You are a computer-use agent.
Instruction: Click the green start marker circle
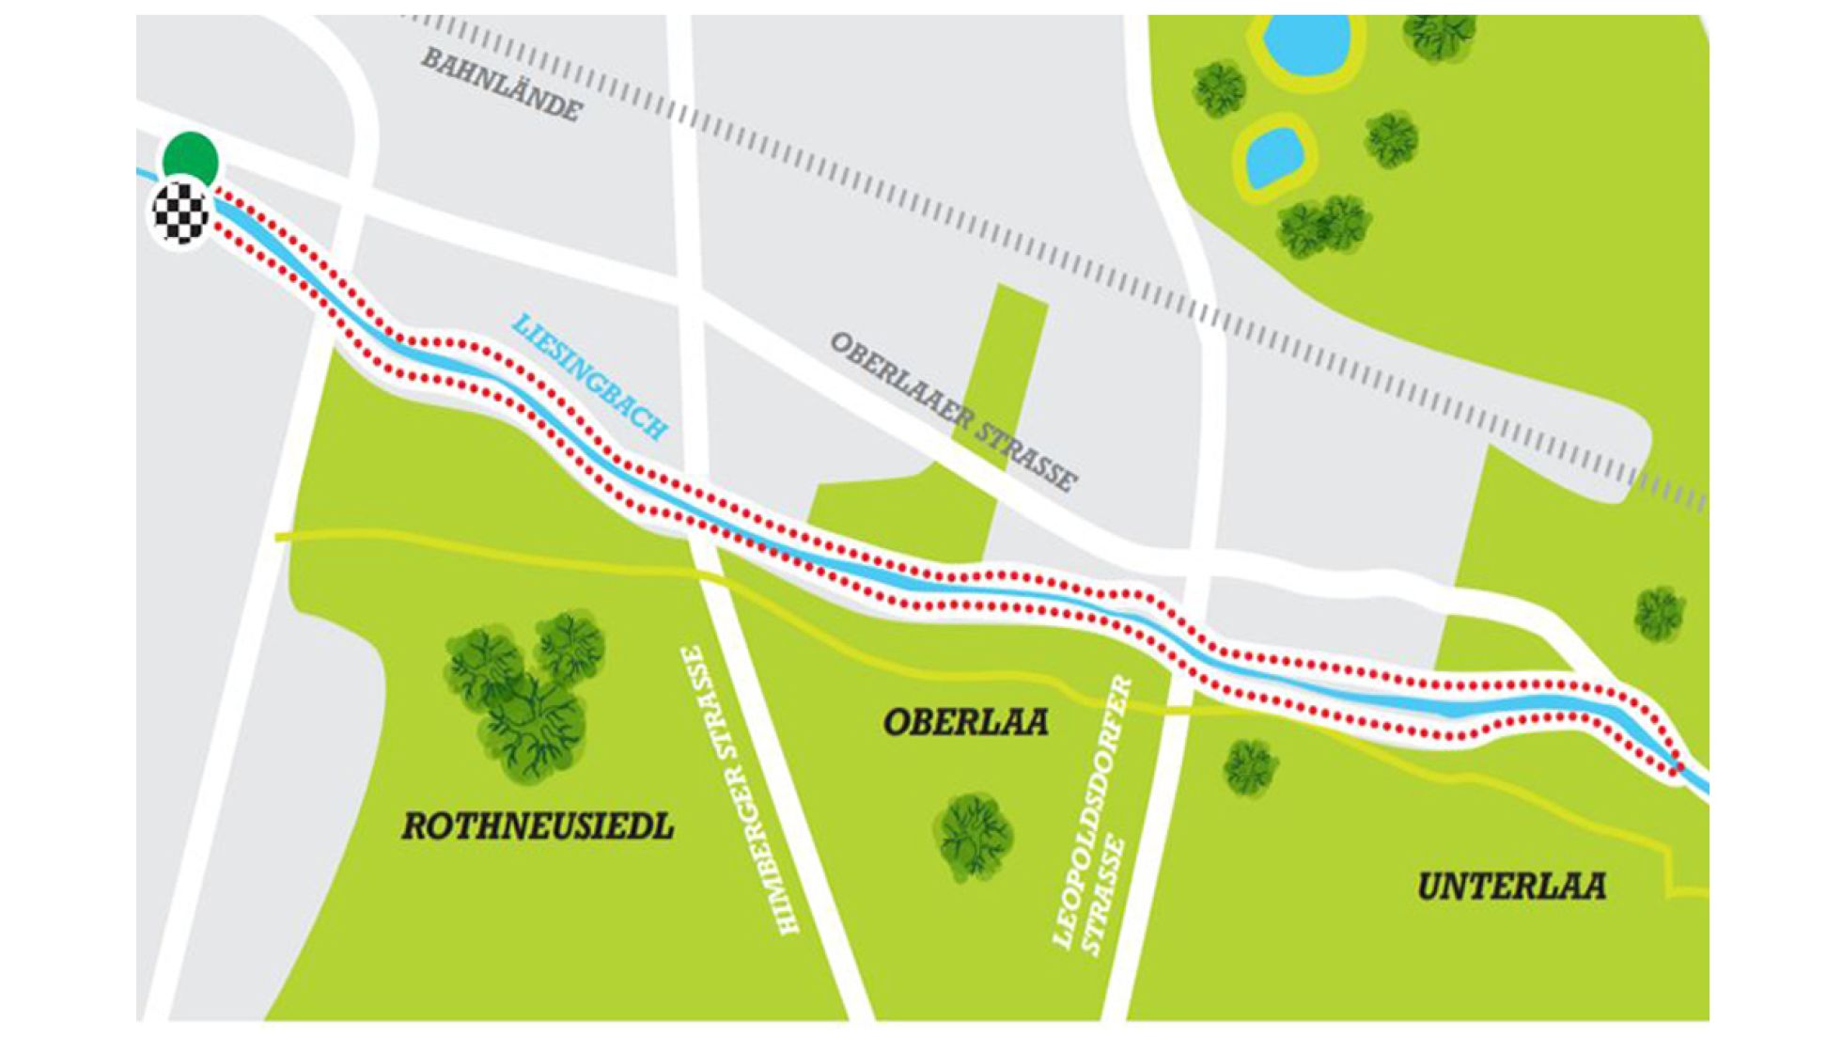coord(191,159)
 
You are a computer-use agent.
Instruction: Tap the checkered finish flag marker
coord(180,213)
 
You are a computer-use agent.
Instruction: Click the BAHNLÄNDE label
coord(501,85)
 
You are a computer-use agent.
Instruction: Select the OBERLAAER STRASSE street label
coord(953,412)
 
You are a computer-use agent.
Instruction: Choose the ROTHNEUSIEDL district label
coord(538,826)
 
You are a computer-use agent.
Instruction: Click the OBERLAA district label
coord(965,722)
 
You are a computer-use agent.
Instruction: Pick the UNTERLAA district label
coord(1511,886)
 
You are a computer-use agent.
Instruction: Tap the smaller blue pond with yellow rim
coord(1274,156)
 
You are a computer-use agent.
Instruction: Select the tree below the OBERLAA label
coord(974,836)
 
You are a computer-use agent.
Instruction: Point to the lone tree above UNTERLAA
coord(1659,614)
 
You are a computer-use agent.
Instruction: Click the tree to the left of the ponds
coord(1220,89)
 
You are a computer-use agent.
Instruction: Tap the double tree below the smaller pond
coord(1323,226)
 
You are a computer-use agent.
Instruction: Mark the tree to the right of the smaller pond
coord(1392,139)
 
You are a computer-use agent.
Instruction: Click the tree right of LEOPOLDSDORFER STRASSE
coord(1250,765)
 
